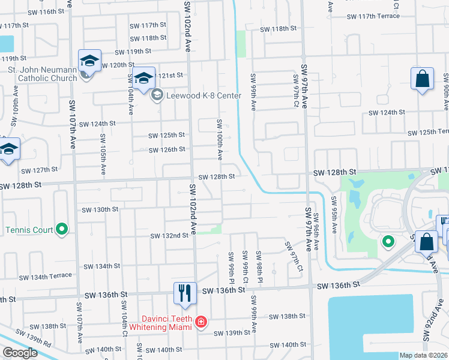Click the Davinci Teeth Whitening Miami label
(158, 323)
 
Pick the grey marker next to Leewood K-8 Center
(157, 94)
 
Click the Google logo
(20, 353)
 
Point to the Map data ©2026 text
(424, 355)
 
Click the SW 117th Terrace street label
(372, 16)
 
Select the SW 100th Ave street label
(220, 139)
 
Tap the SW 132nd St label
(169, 236)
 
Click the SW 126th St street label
(167, 149)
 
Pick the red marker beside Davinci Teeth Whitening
(200, 323)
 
